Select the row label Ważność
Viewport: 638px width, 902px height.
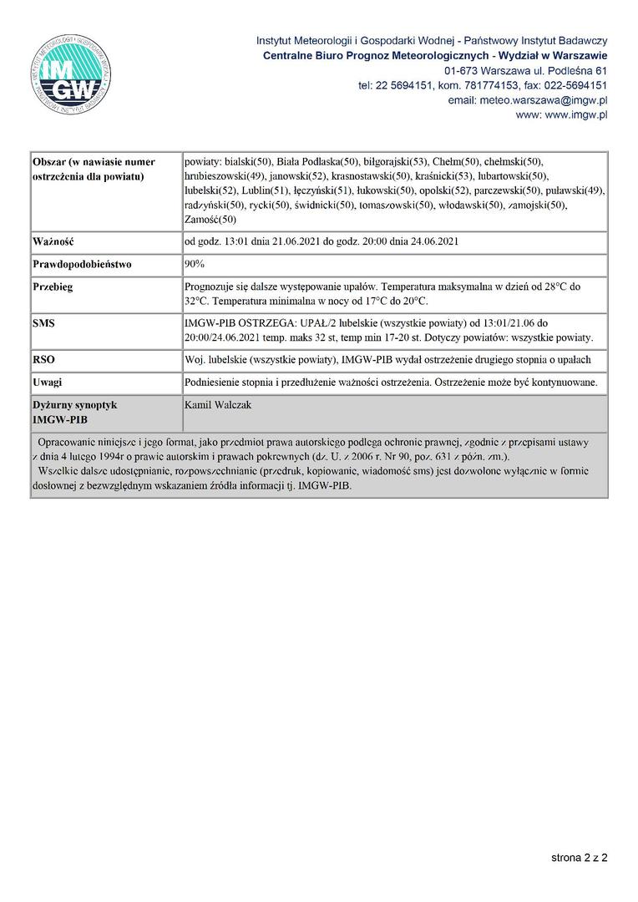point(54,242)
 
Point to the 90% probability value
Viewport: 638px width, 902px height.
point(195,264)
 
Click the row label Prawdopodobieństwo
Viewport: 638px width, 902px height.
point(82,264)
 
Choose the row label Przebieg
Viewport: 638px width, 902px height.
point(53,286)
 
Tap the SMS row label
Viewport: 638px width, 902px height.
point(44,322)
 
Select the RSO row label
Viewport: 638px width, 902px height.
point(44,359)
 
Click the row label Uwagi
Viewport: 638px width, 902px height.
point(48,382)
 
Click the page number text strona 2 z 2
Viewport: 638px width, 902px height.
point(579,858)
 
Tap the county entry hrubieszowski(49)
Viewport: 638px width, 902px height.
point(224,175)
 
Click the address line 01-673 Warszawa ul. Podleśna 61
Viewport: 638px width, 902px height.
point(525,70)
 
